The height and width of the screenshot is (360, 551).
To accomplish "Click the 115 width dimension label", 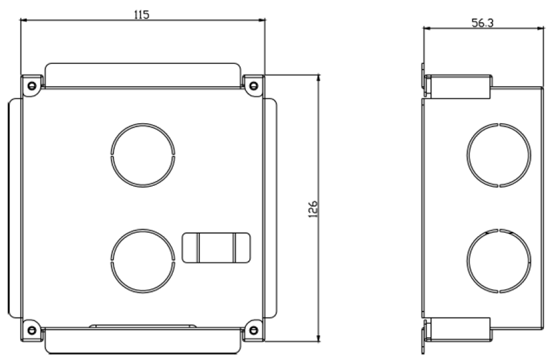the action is pyautogui.click(x=142, y=14).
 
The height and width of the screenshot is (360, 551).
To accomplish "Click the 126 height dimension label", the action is pyautogui.click(x=313, y=209).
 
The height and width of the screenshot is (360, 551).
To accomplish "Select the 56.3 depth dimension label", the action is pyautogui.click(x=483, y=23).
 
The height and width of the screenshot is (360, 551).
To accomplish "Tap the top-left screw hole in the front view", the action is pyautogui.click(x=32, y=85).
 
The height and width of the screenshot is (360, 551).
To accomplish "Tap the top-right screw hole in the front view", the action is pyautogui.click(x=253, y=85).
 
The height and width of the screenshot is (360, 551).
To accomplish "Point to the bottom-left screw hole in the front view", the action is pyautogui.click(x=32, y=330).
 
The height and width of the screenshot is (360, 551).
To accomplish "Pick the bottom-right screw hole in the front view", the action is pyautogui.click(x=253, y=330).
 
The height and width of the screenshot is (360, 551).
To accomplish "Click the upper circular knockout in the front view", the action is pyautogui.click(x=143, y=123).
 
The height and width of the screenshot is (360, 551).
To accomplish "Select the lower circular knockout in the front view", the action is pyautogui.click(x=143, y=230).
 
